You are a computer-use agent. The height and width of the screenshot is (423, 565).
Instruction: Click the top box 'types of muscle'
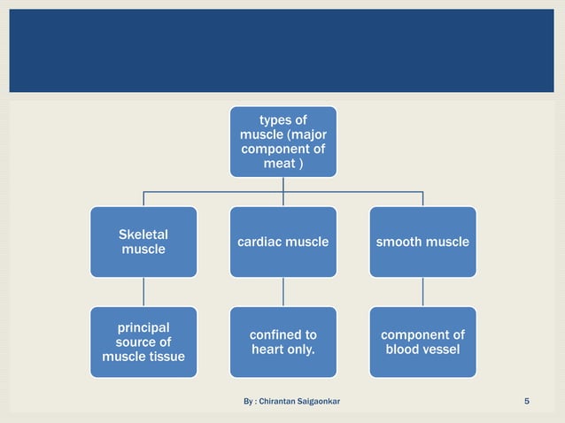click(283, 142)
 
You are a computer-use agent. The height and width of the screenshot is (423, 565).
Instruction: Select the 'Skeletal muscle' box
click(143, 242)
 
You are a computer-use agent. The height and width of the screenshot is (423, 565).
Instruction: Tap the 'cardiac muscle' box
click(283, 242)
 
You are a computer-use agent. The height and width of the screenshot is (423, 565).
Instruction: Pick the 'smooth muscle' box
click(422, 242)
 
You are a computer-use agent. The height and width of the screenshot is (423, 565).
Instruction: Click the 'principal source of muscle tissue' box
click(143, 342)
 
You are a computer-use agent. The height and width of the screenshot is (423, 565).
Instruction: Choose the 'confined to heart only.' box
click(283, 342)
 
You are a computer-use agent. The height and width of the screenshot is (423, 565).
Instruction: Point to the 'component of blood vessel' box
click(422, 342)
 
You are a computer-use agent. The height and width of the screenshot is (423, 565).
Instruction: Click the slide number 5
click(527, 404)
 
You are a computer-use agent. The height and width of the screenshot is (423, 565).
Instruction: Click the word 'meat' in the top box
click(278, 165)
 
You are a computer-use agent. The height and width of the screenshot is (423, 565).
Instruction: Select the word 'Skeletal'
click(143, 235)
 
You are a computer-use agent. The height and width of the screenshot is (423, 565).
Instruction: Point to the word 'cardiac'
click(259, 242)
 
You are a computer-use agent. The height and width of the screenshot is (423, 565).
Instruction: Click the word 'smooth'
click(399, 242)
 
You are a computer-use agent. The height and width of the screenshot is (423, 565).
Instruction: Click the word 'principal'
click(143, 327)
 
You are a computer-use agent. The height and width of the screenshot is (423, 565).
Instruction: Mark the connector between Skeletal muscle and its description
click(143, 291)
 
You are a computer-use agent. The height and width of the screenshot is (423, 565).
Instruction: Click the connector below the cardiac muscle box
click(283, 291)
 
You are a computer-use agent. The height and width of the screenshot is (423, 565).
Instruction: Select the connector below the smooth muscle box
click(422, 291)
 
